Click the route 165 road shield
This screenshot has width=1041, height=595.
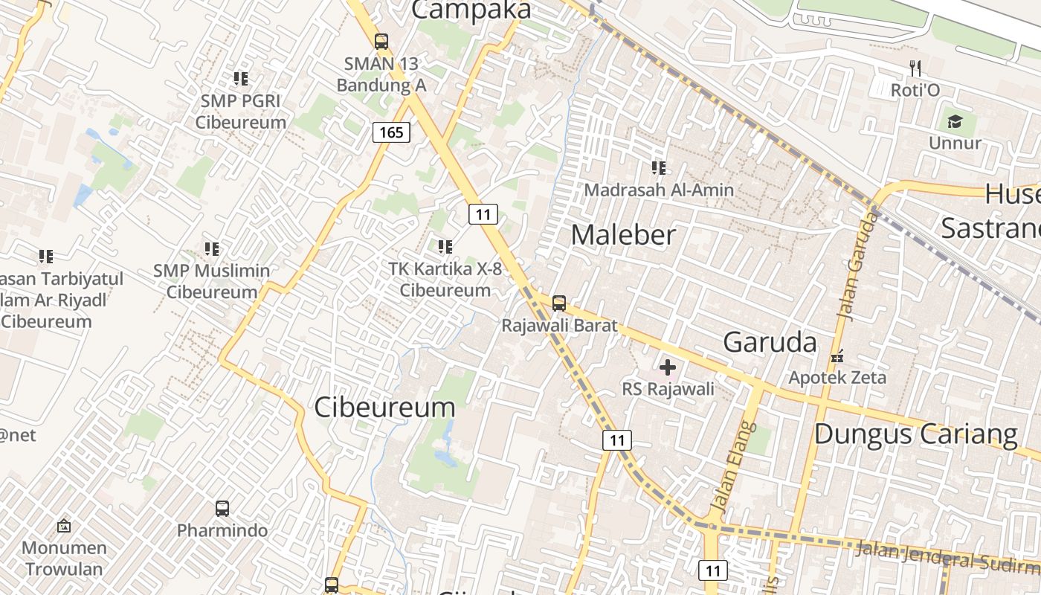391,132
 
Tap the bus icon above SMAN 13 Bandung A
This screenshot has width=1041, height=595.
381,42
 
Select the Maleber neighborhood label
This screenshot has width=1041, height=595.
623,235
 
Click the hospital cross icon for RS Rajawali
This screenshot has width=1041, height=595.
668,367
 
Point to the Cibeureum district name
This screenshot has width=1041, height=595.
384,408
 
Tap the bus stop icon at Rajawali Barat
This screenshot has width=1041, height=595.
559,303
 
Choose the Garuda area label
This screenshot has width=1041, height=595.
770,342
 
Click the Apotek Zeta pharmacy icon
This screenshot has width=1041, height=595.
838,356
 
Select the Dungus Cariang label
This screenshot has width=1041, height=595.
915,434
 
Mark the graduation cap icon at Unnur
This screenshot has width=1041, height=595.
955,121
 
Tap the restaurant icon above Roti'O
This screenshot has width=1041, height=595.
915,68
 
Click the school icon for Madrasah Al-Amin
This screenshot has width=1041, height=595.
658,168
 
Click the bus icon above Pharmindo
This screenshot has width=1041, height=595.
222,509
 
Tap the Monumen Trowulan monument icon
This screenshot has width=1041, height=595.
64,527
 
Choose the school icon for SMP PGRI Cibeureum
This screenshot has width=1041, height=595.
240,78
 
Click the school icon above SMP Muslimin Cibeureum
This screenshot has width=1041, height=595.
212,248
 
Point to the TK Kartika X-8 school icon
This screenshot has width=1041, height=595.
445,246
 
